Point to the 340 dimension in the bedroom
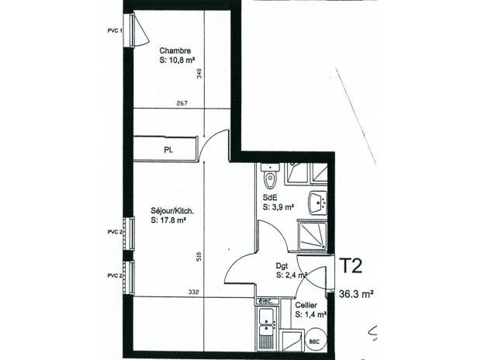[x=199, y=74]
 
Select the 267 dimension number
[x=182, y=102]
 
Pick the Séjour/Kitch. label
[x=172, y=210]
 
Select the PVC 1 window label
[x=115, y=29]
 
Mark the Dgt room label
[x=282, y=265]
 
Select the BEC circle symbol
[x=313, y=339]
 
